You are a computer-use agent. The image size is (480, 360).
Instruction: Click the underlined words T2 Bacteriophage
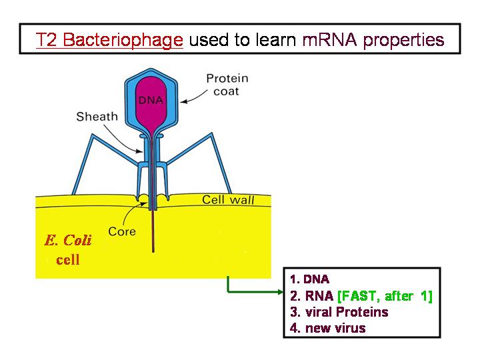pyautogui.click(x=109, y=40)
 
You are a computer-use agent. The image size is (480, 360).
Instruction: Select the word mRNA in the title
pyautogui.click(x=330, y=39)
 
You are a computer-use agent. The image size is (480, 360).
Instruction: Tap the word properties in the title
pyautogui.click(x=403, y=41)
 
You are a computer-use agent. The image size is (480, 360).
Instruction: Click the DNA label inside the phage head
pyautogui.click(x=151, y=100)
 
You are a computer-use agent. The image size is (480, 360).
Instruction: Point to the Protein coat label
pyautogui.click(x=227, y=85)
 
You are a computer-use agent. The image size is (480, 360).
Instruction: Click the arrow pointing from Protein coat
pyautogui.click(x=194, y=97)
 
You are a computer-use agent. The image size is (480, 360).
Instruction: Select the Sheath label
pyautogui.click(x=97, y=117)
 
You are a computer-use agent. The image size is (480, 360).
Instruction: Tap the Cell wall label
pyautogui.click(x=228, y=199)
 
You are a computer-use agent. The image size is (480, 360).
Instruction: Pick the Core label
pyautogui.click(x=122, y=231)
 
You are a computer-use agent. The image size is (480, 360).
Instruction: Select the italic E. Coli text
pyautogui.click(x=67, y=240)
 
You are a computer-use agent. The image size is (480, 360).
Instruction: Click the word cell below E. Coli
pyautogui.click(x=67, y=260)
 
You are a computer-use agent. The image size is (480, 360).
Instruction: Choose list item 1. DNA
pyautogui.click(x=309, y=279)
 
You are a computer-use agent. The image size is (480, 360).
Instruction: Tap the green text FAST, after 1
pyautogui.click(x=385, y=296)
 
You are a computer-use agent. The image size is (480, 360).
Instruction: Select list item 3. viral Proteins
pyautogui.click(x=339, y=312)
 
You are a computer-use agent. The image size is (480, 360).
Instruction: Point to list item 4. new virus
pyautogui.click(x=327, y=328)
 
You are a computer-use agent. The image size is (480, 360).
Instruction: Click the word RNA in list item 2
pyautogui.click(x=319, y=296)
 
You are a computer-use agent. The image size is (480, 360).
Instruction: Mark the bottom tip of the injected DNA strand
pyautogui.click(x=153, y=251)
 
